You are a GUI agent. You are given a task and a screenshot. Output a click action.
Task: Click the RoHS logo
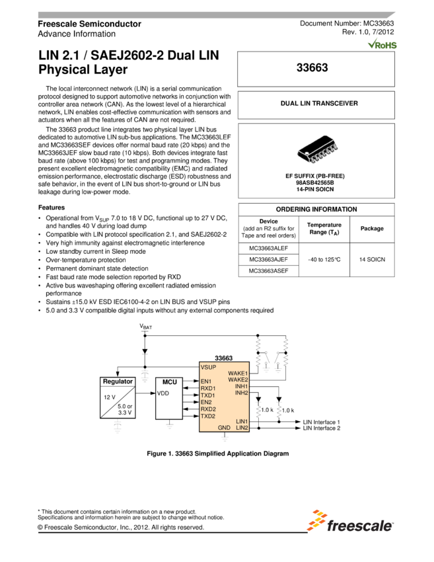click(382, 44)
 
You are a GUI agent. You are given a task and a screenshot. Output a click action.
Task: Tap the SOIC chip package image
click(315, 149)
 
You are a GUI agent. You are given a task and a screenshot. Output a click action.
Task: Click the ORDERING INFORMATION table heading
click(316, 210)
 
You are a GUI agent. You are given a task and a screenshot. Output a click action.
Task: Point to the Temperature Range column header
click(324, 229)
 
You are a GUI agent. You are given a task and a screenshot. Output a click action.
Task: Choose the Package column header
click(371, 229)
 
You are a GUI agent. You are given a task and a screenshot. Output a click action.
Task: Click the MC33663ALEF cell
click(269, 248)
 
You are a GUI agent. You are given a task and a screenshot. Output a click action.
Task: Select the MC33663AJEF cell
click(269, 259)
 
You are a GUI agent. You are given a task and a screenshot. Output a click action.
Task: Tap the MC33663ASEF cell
click(269, 270)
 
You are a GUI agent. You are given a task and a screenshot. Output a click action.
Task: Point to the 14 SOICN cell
click(371, 259)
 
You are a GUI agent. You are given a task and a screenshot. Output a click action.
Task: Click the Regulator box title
click(118, 381)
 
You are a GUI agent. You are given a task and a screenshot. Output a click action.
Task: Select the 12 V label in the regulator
click(110, 397)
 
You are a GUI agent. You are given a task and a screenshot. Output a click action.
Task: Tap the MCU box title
click(170, 382)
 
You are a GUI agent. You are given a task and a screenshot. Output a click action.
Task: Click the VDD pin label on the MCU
click(163, 393)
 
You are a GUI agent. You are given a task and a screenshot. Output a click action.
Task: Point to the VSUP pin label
click(208, 366)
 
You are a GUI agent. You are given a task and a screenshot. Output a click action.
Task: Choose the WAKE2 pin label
click(238, 380)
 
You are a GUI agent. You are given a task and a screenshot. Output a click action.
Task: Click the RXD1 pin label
click(208, 388)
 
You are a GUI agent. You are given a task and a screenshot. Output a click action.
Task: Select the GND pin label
click(224, 428)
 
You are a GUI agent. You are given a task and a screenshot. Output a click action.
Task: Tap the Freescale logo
click(349, 520)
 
